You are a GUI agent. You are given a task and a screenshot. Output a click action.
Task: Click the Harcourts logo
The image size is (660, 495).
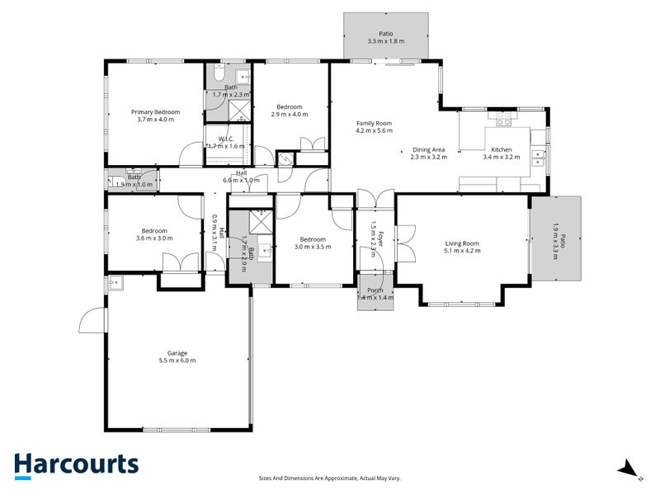pos(76,464)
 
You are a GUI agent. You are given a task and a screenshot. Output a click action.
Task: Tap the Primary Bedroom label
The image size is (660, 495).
pos(155,111)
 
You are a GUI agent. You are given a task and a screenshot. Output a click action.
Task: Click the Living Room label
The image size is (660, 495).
pos(462,243)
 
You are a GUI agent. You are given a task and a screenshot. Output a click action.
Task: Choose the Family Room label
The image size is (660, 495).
pos(374,124)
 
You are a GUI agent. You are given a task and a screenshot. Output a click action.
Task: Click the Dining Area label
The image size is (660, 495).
pos(428,149)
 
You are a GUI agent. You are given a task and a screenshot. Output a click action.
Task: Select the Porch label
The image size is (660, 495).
pos(375,290)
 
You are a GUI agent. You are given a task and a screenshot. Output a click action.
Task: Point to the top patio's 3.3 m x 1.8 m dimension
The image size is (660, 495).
pos(386,41)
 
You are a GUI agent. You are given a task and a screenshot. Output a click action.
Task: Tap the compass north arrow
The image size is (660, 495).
pos(631,469)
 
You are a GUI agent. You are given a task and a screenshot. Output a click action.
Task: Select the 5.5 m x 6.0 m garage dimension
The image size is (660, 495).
pos(177,361)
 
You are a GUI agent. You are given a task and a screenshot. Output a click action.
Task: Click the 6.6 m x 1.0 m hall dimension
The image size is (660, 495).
pos(241,180)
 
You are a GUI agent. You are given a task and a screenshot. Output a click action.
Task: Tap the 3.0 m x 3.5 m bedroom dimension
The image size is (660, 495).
pos(313,246)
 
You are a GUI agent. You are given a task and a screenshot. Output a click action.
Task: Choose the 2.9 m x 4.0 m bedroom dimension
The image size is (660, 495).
pos(290,115)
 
